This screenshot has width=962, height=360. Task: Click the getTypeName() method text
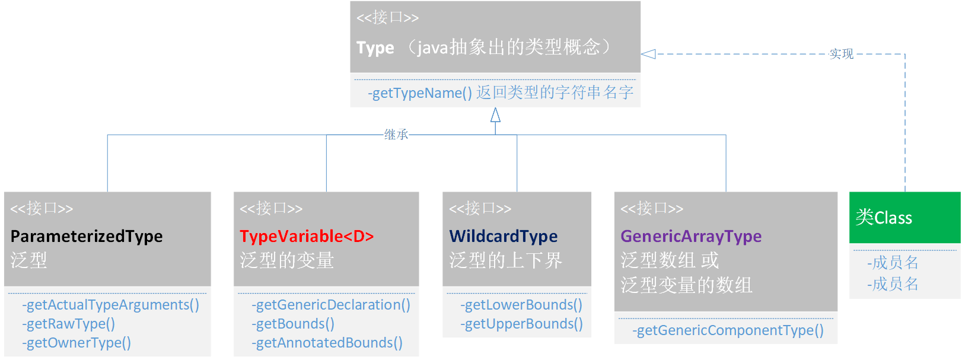419,93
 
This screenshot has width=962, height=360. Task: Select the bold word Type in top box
375,47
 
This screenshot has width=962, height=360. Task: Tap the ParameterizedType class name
87,236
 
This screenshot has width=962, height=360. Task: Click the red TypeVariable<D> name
307,236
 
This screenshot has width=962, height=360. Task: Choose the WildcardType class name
503,236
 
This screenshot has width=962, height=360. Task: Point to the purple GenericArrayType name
691,236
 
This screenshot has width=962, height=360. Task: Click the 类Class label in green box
884,218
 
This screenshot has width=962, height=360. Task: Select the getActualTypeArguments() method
110,305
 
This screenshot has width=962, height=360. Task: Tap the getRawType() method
68,324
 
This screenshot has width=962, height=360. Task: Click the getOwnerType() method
77,343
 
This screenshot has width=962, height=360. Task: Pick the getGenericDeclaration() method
330,305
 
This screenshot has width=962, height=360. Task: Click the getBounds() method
293,324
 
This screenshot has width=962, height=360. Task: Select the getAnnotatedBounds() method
327,343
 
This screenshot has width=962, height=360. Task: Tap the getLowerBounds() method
521,305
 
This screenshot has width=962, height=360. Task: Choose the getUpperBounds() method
521,324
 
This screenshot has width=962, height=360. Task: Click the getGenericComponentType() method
728,330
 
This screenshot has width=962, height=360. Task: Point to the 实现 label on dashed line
841,54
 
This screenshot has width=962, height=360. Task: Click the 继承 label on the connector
396,135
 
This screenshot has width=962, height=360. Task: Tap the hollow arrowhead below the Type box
495,115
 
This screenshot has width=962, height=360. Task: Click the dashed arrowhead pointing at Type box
648,54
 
